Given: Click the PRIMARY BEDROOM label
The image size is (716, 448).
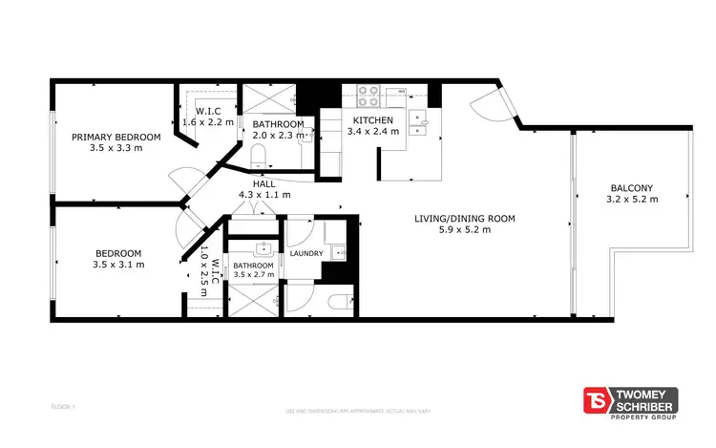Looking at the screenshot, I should [x=116, y=137].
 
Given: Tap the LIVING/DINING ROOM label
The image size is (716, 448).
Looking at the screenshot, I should [x=464, y=218].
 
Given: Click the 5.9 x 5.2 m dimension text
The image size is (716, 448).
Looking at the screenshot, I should [x=464, y=229].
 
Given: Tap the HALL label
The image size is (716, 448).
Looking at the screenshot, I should [x=264, y=183].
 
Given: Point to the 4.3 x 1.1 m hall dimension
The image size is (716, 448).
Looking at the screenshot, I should [x=264, y=195].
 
